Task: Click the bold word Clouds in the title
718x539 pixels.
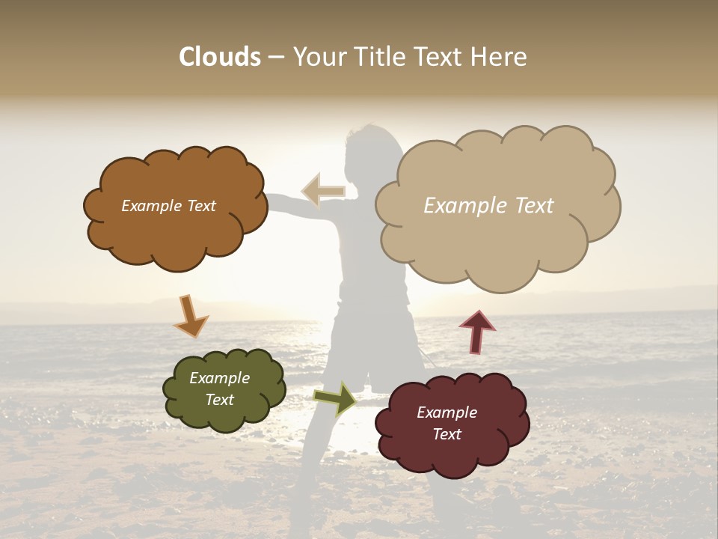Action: [219, 57]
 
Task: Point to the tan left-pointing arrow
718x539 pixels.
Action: [324, 191]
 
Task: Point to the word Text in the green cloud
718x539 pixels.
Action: [220, 400]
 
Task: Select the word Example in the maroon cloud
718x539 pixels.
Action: [447, 412]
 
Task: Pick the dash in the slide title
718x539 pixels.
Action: [276, 57]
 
